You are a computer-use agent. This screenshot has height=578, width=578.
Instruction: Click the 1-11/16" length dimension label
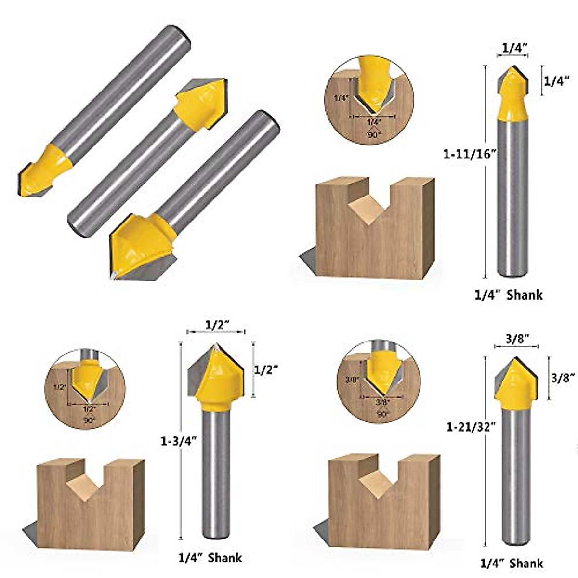pos(470,155)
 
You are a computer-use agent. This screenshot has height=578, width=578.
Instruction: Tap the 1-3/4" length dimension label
pos(179,440)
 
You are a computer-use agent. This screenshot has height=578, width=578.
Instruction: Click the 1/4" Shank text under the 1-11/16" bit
pos(509,295)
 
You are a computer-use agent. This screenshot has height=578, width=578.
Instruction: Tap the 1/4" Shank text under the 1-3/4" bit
pos(210,558)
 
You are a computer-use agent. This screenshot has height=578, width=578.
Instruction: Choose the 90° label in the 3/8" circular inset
pos(382,414)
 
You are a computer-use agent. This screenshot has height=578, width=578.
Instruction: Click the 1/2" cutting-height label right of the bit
pos(266,369)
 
